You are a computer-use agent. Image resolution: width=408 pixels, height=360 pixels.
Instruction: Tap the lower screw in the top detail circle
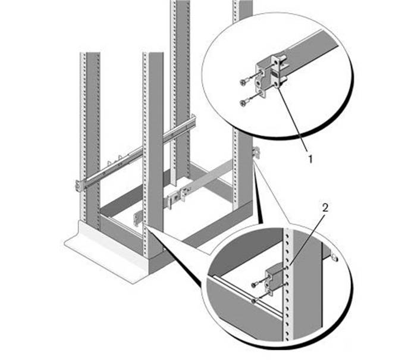pos(244,103)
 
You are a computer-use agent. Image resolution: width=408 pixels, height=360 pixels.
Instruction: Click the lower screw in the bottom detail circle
pos(255,301)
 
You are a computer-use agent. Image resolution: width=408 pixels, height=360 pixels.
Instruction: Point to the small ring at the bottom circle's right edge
pos(335,258)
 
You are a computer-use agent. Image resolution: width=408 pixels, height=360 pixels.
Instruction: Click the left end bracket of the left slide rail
pos(80,185)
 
